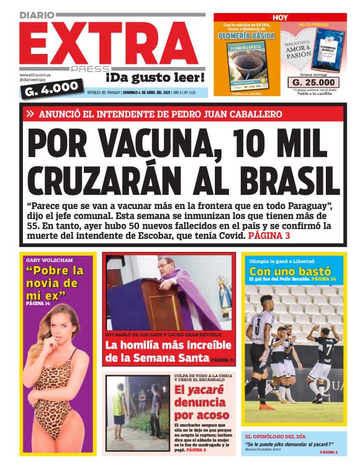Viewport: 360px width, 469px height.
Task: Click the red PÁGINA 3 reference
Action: click(268, 236)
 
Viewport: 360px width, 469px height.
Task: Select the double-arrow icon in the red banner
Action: click(30, 114)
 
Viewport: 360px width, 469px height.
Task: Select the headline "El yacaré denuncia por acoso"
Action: click(199, 404)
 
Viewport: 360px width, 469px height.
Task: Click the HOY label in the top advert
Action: click(281, 18)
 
